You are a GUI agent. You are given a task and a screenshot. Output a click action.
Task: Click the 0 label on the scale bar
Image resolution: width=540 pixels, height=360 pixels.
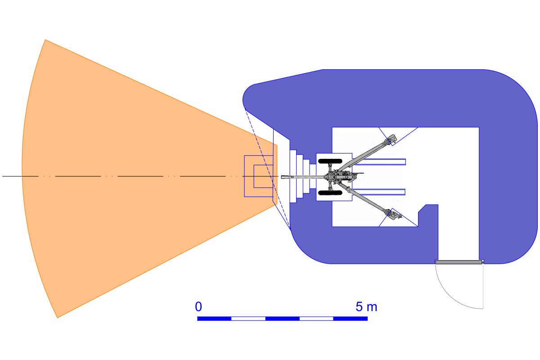(198, 307)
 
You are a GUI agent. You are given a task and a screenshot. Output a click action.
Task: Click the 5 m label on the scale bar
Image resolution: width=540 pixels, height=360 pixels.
(366, 307)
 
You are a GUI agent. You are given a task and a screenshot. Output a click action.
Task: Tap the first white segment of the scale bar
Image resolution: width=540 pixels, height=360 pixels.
(248, 319)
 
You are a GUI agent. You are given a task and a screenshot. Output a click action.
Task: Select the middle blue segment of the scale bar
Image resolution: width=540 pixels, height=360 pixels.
(282, 319)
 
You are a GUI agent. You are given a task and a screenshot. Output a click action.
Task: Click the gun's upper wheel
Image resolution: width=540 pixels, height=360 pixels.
(330, 161)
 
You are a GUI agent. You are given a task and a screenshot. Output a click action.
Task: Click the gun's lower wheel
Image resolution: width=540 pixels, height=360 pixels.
(330, 193)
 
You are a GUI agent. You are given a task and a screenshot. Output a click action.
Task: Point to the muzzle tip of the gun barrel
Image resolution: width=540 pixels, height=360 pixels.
(282, 177)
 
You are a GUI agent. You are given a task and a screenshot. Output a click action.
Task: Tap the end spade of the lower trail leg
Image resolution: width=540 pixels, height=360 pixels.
(393, 215)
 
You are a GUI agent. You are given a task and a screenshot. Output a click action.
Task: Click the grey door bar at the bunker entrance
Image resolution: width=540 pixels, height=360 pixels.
(459, 262)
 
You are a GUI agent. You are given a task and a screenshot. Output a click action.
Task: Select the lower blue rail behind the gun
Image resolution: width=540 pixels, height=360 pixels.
(380, 192)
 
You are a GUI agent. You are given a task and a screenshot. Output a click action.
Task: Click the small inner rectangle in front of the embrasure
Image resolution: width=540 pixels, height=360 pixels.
(263, 176)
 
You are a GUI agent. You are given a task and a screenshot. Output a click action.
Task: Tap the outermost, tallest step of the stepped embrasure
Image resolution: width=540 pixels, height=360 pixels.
(293, 176)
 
